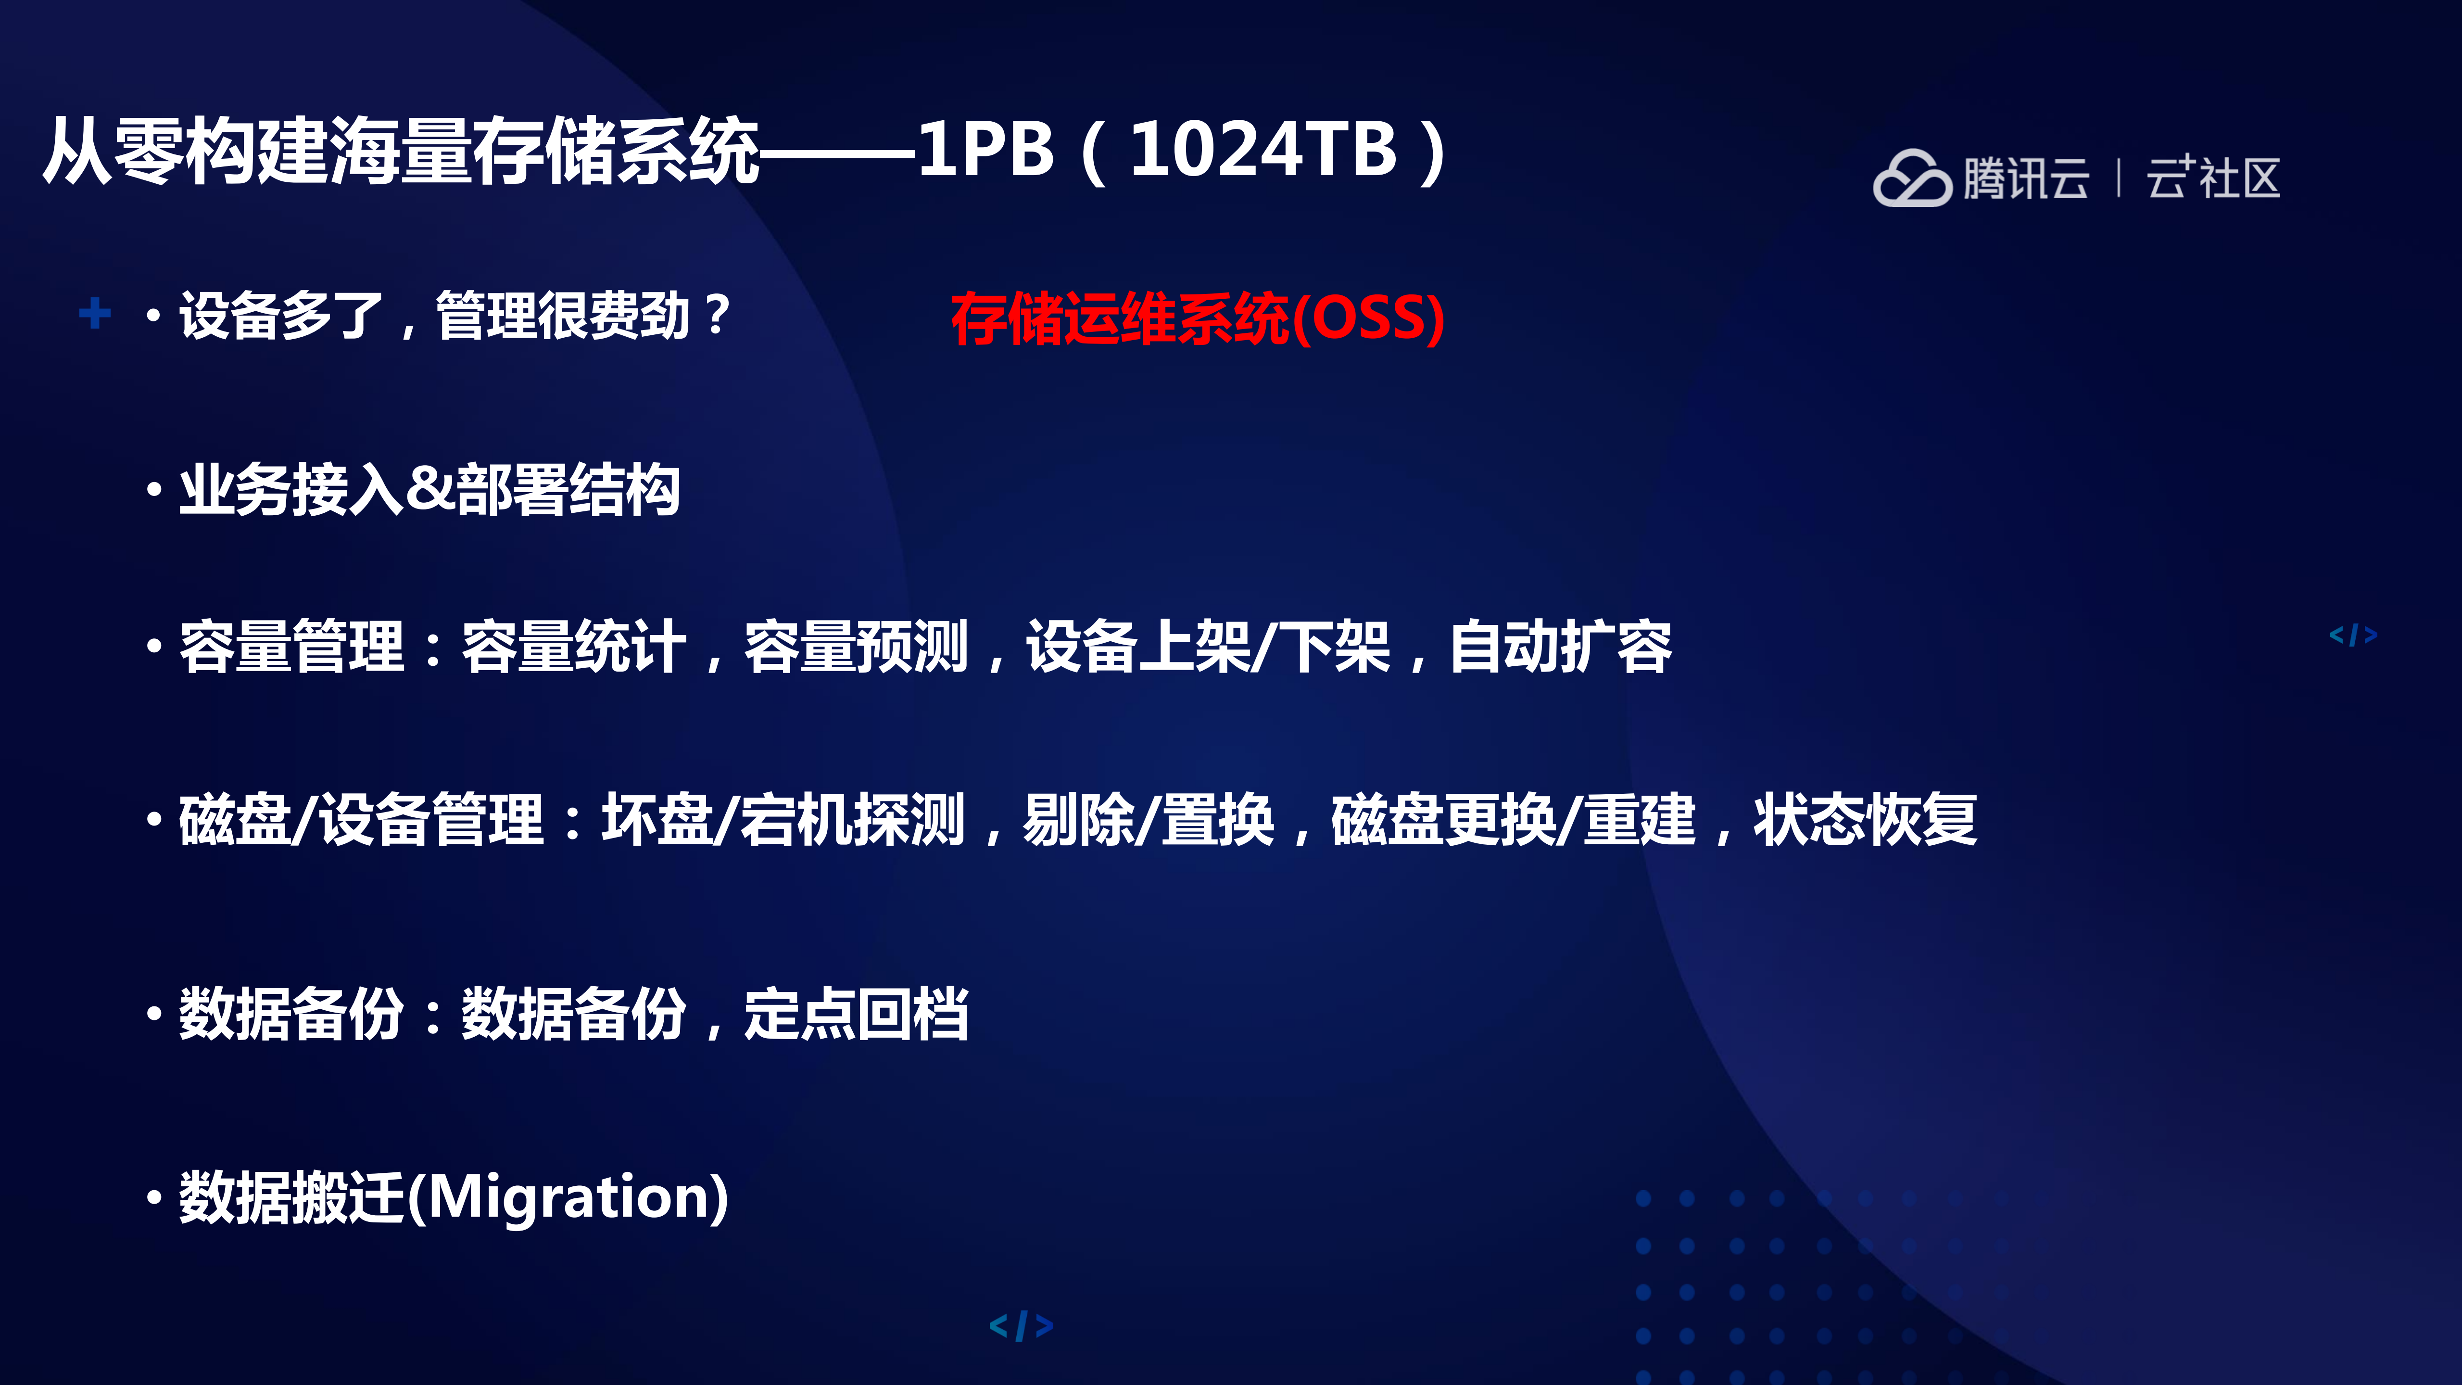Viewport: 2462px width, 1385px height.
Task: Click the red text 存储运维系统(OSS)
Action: pos(1197,318)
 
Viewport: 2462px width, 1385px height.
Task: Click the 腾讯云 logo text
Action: pos(2026,179)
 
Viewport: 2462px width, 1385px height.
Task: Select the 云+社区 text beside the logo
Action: pos(2212,179)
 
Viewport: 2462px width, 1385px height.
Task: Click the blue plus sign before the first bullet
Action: pos(95,313)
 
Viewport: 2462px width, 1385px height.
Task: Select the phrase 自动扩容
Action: pos(1561,647)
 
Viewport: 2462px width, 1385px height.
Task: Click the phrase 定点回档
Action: pos(857,1014)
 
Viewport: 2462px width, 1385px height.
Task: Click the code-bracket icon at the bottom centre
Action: pos(1021,1326)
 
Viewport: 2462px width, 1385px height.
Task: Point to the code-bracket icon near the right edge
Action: pos(2353,635)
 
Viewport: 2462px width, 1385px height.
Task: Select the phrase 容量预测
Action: pos(857,647)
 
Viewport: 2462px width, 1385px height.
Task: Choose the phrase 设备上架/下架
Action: pos(1208,647)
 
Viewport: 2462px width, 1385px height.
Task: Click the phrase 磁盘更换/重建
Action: pos(1513,820)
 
